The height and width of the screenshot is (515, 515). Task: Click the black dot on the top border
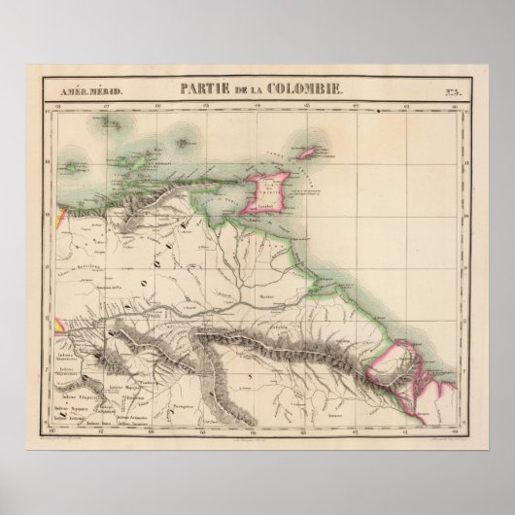coord(375,113)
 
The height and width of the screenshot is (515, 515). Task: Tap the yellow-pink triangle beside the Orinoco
coord(59,326)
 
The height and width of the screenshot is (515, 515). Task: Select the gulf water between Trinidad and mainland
coord(233,204)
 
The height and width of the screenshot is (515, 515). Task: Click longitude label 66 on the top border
coord(154,103)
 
